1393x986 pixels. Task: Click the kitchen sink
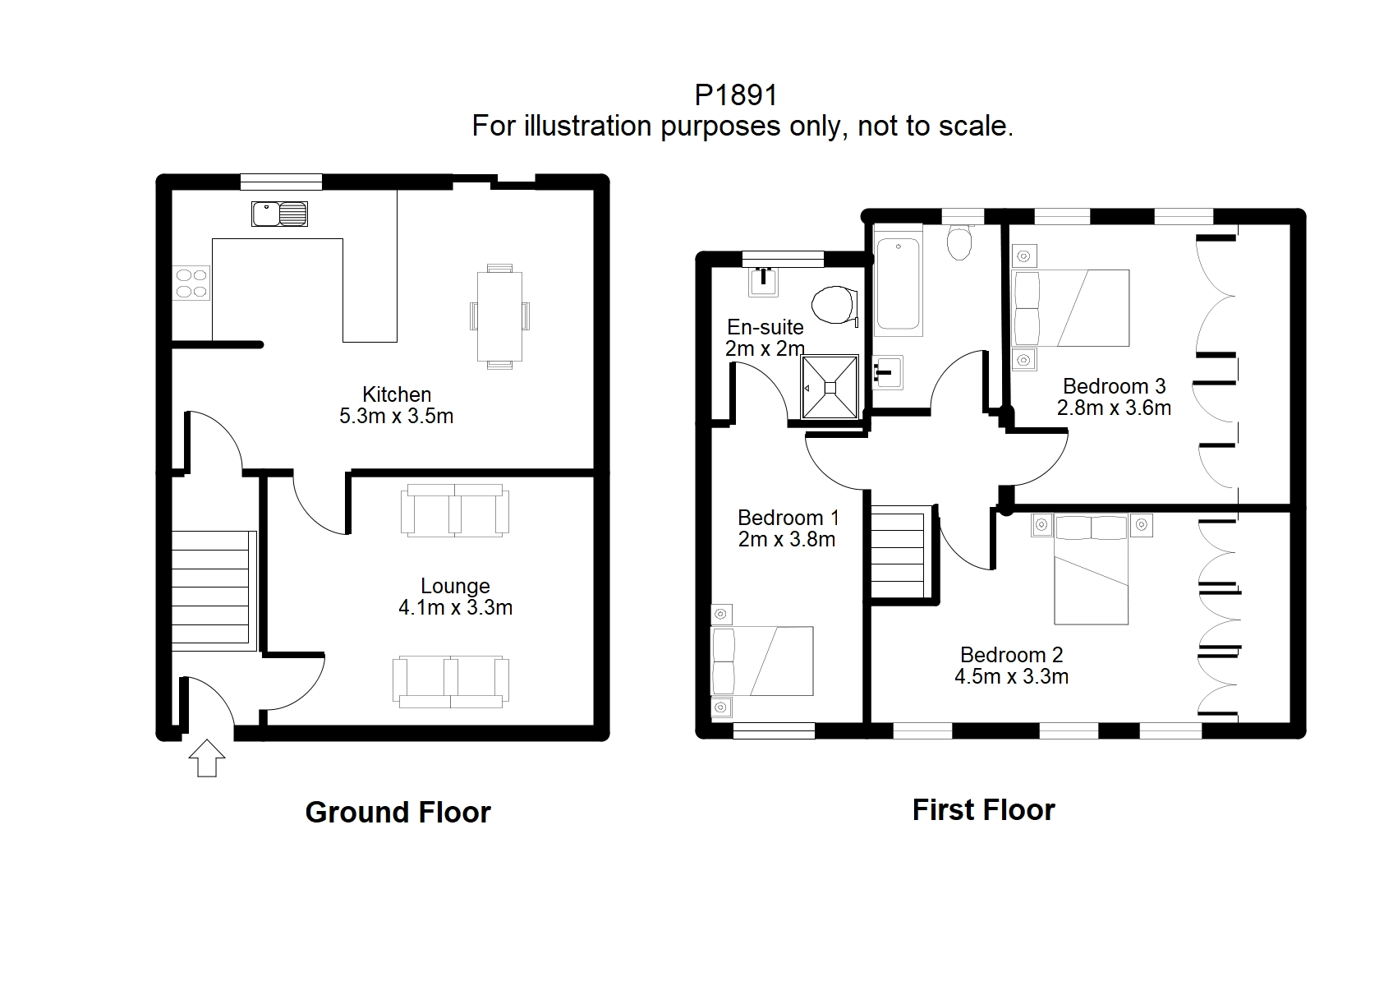[279, 214]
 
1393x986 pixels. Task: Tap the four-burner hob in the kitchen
[191, 283]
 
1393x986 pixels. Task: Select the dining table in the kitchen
[499, 316]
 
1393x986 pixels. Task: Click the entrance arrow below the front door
[207, 758]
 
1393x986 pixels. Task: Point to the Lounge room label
[455, 585]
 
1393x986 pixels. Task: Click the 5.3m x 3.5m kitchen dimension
[396, 416]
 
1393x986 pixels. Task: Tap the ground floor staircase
[214, 591]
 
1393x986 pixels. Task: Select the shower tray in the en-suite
[830, 387]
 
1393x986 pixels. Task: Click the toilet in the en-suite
[835, 305]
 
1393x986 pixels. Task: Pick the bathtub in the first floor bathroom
[898, 283]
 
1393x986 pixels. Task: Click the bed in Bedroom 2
[1092, 569]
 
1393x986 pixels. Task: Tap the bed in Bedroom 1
[762, 661]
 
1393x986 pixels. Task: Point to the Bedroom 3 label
[1114, 385]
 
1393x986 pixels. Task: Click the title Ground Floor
[398, 813]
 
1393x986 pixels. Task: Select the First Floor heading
[983, 810]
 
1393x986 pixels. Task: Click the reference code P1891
[736, 95]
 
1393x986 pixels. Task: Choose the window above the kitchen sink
[281, 182]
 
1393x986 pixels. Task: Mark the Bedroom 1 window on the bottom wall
[774, 731]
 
